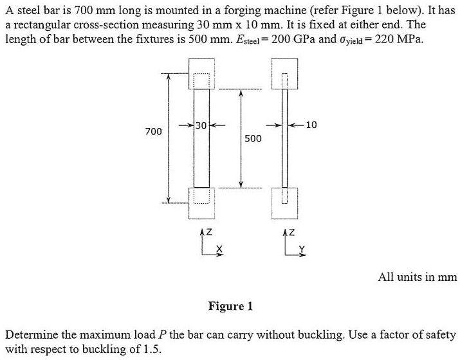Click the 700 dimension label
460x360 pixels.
tap(152, 132)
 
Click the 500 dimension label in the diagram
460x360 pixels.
tap(252, 138)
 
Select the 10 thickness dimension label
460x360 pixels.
tap(312, 125)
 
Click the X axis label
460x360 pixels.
tap(219, 249)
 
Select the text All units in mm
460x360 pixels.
tap(417, 277)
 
